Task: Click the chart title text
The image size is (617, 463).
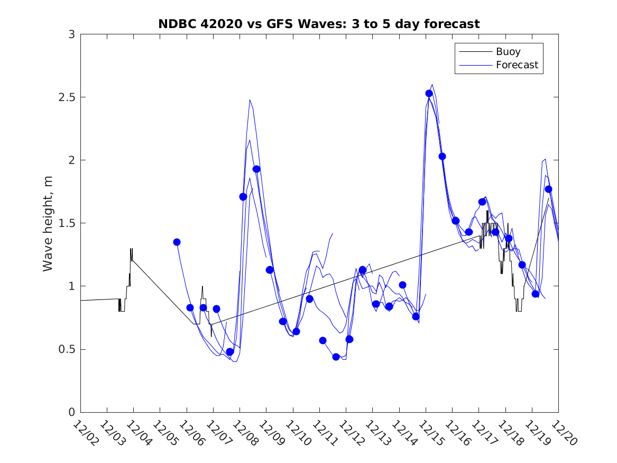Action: coord(319,24)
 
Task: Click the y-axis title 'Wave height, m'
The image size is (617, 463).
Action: coord(48,223)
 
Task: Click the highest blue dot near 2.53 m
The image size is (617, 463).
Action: coord(429,94)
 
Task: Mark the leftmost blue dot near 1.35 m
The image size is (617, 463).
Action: coord(177,242)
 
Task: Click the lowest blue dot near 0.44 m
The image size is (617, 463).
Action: coord(336,357)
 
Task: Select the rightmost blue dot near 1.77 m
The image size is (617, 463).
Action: coord(548,189)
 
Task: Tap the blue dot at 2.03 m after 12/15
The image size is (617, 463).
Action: coord(442,156)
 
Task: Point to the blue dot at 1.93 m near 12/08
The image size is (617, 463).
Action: coord(256,169)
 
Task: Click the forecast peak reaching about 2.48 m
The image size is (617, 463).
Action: coord(250,99)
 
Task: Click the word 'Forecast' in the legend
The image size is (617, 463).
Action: coord(517,65)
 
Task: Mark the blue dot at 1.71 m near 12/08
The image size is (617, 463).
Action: coord(243,197)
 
